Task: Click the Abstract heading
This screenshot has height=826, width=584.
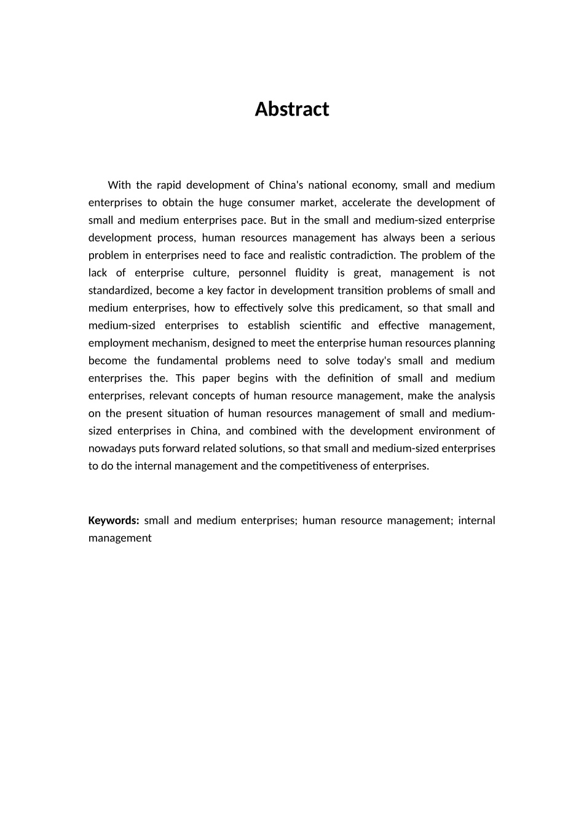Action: point(292,109)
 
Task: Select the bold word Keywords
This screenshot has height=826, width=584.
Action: point(114,521)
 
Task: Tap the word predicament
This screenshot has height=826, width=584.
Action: point(369,308)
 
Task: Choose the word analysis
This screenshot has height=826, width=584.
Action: point(476,396)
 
